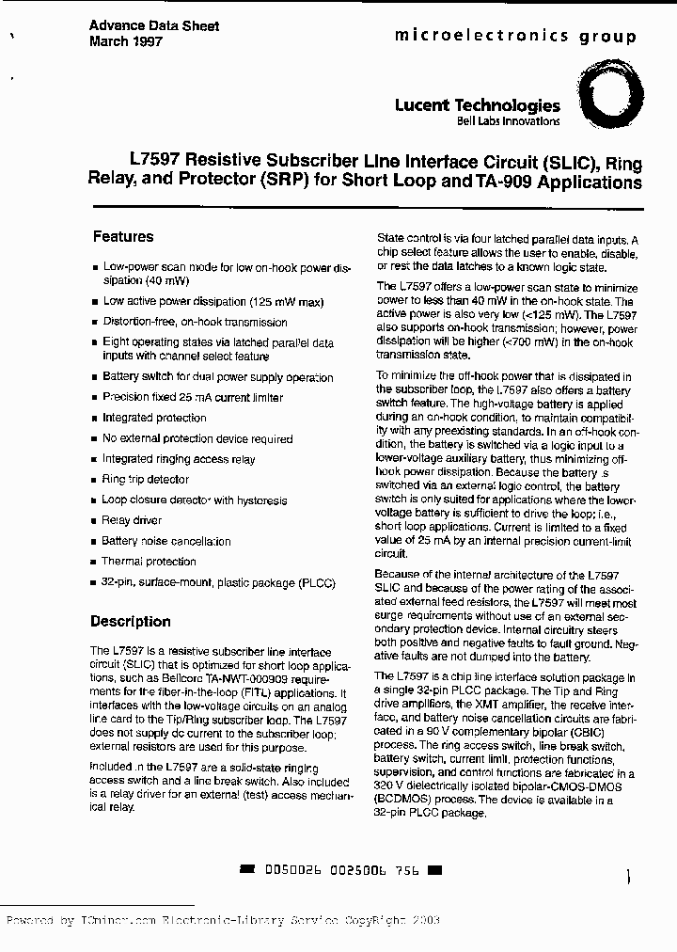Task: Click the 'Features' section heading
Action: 122,237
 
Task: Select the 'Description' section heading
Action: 130,622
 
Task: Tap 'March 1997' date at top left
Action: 126,42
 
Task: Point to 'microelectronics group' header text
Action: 514,36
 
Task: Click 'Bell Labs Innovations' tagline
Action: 508,121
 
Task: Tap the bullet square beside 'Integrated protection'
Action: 94,419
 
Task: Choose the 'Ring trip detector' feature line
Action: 146,480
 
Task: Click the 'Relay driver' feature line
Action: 132,520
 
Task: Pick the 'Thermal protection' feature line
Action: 149,562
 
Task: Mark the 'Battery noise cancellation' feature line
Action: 165,541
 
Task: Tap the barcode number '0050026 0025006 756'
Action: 341,869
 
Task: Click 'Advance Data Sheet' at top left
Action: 154,26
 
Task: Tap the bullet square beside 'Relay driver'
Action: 94,521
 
